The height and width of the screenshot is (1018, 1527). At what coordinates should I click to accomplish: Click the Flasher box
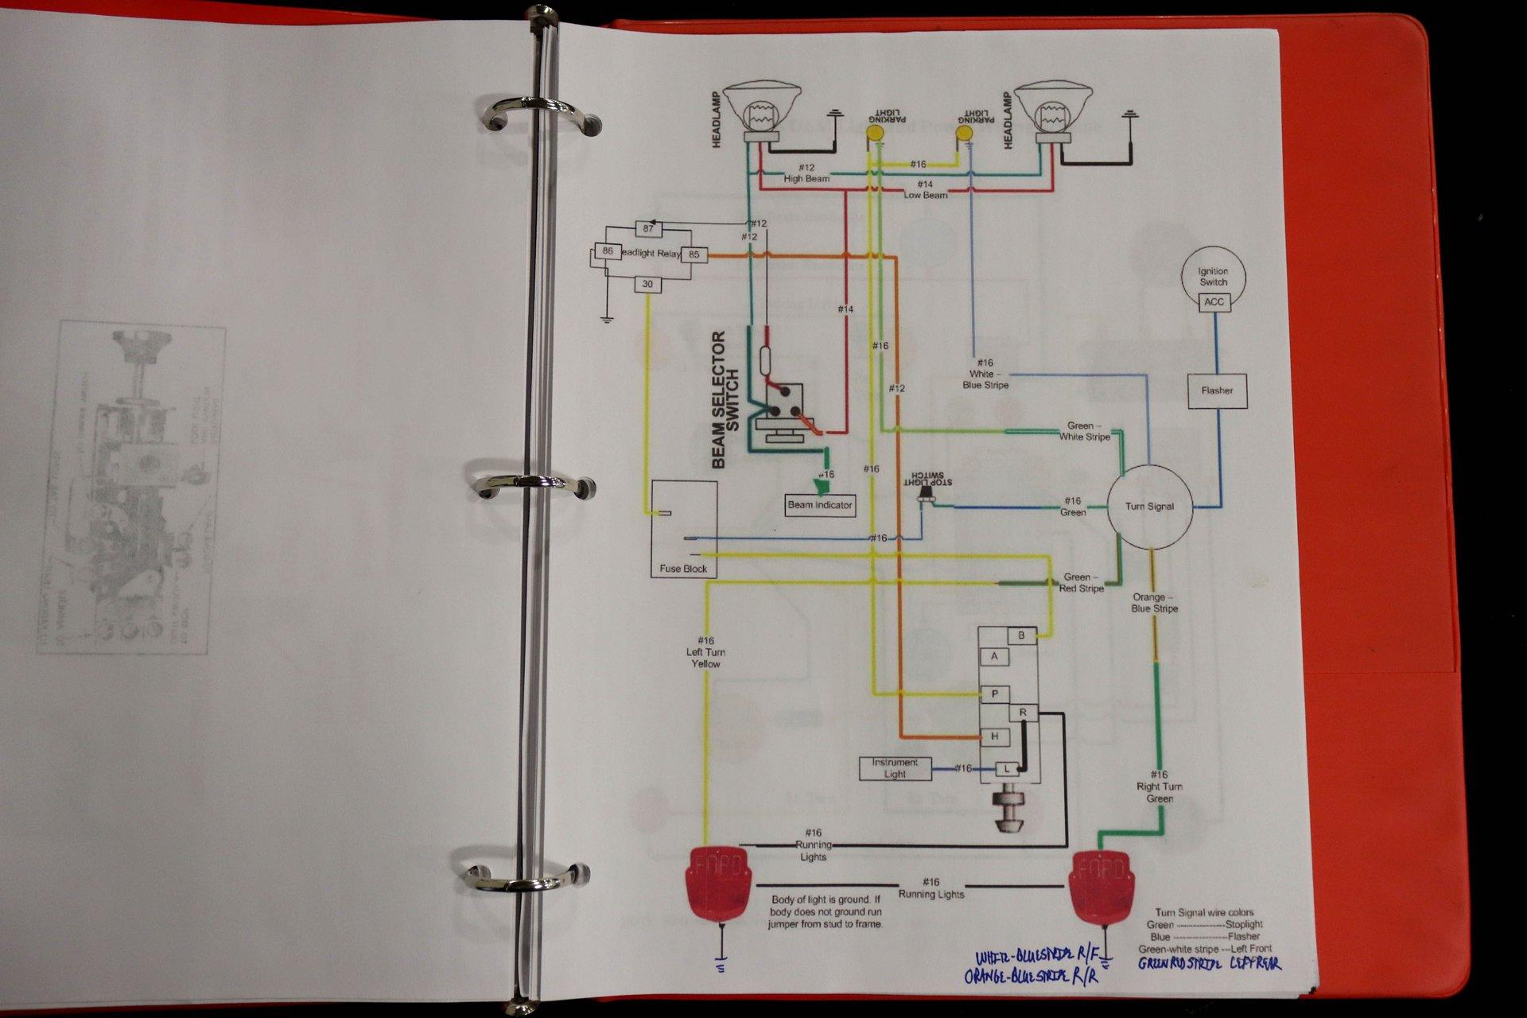tap(1217, 390)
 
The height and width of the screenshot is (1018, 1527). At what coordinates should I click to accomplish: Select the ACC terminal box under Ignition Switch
tap(1214, 302)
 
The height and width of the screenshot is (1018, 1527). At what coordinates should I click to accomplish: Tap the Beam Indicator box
tap(819, 505)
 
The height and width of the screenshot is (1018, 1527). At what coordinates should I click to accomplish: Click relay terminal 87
tap(648, 229)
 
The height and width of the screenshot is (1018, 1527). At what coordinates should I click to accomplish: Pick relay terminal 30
tap(647, 284)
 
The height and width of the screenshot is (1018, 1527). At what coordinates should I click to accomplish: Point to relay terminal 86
tap(608, 251)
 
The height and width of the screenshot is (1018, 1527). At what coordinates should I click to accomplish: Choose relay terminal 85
tap(694, 255)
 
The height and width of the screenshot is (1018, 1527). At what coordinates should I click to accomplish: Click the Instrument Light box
tap(895, 768)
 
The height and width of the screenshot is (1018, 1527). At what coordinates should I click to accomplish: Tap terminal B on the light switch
tap(1022, 635)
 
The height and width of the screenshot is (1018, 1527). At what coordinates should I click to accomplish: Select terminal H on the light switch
tap(995, 736)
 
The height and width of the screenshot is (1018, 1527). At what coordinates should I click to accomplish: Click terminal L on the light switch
tap(1007, 769)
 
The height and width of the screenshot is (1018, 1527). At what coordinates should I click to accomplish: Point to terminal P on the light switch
tap(994, 694)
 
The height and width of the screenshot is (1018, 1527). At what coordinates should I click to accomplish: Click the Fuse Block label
tap(683, 569)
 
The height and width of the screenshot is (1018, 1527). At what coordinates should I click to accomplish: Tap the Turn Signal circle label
tap(1149, 506)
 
